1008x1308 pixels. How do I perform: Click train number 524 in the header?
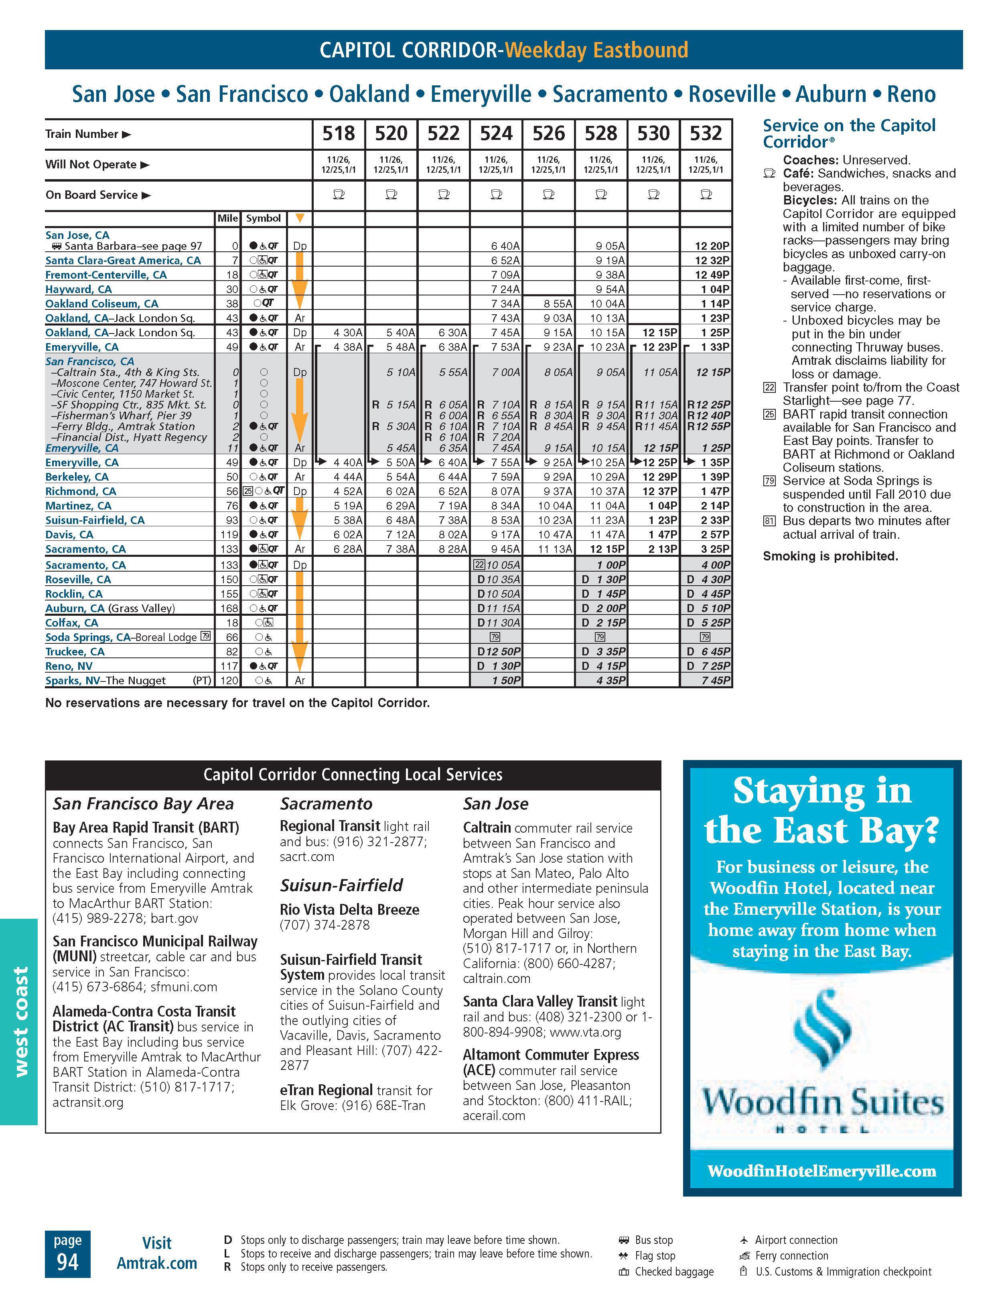[x=496, y=133]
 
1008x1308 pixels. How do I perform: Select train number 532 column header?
[x=706, y=133]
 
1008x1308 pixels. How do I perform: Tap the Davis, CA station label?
[x=69, y=534]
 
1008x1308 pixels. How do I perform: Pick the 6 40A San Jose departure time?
[x=505, y=246]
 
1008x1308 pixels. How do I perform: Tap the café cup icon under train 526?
[x=548, y=195]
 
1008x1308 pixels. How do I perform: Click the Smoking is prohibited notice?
[x=830, y=556]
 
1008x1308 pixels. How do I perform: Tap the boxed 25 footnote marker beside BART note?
[x=769, y=414]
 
